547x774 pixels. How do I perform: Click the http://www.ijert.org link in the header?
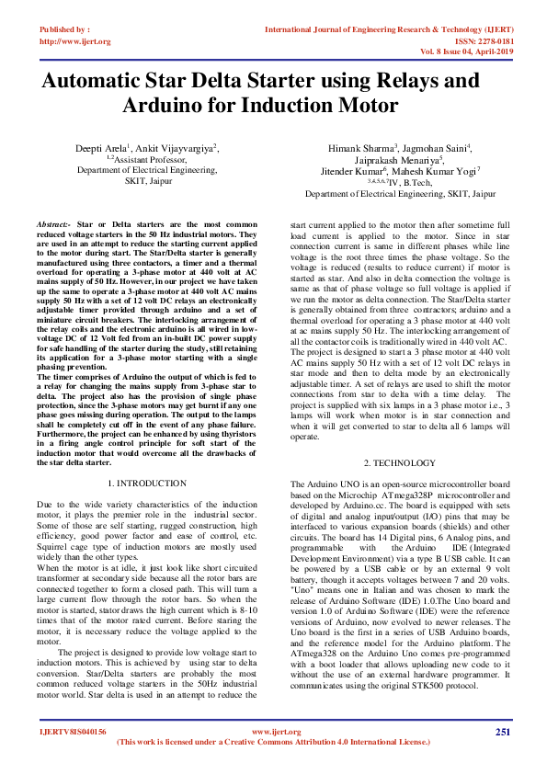pos(75,41)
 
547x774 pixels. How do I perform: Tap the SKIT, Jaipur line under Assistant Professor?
pos(146,181)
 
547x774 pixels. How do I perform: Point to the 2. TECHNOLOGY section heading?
pos(397,461)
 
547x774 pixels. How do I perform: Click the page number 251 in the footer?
pos(502,731)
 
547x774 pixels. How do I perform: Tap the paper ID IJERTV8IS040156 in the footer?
pos(73,732)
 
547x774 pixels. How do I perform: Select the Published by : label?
pos(64,29)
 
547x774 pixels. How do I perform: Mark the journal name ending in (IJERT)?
pos(387,29)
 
